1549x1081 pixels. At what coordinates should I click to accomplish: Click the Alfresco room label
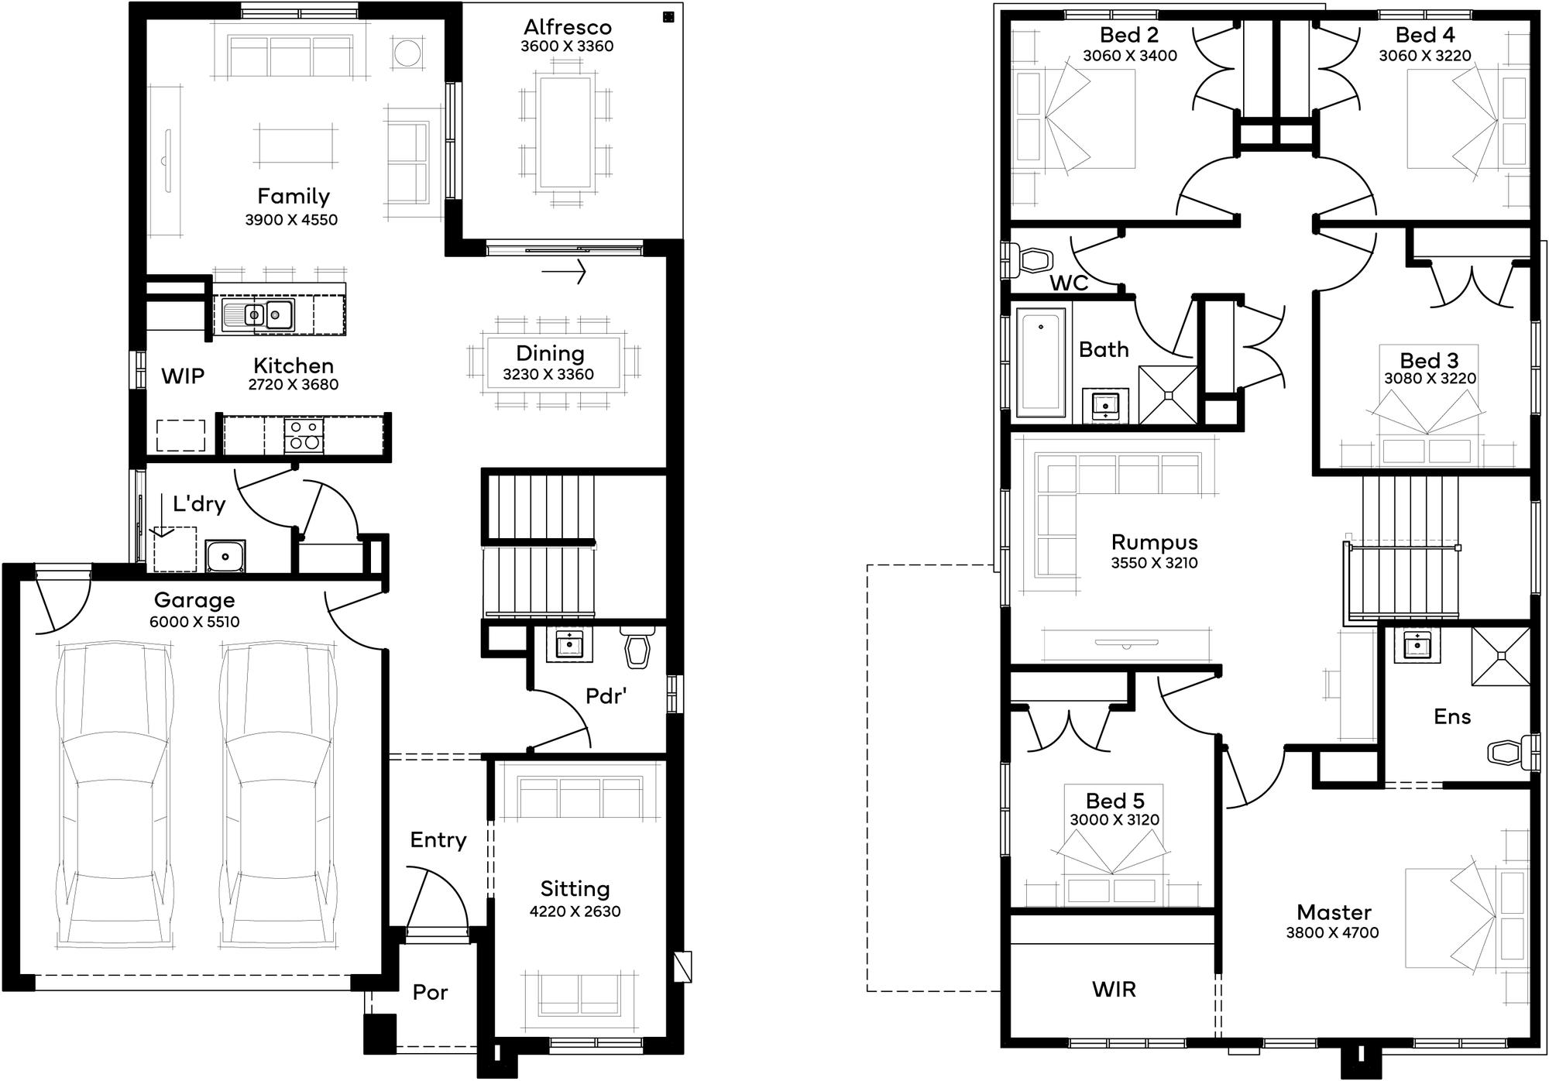click(x=567, y=27)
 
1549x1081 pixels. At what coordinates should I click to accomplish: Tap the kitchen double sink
click(x=259, y=314)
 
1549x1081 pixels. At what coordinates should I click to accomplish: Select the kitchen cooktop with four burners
click(x=304, y=435)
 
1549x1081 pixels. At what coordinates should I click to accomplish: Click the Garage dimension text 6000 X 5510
click(x=194, y=622)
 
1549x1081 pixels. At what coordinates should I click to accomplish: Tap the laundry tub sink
click(x=225, y=556)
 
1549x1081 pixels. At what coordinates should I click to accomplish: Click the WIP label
click(x=183, y=376)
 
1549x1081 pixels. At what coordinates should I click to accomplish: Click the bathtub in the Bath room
click(x=1040, y=362)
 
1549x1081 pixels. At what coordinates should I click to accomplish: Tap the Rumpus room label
click(x=1154, y=542)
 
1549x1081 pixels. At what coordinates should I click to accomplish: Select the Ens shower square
click(x=1500, y=656)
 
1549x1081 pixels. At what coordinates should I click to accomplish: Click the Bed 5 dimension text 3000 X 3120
click(x=1115, y=820)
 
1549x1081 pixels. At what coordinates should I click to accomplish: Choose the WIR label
click(x=1114, y=989)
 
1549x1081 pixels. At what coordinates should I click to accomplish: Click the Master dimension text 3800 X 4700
click(x=1332, y=933)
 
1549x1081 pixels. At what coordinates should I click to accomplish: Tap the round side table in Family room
click(x=407, y=53)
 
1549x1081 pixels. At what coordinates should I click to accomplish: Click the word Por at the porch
click(x=430, y=992)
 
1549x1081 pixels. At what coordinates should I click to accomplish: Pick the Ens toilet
click(x=1508, y=752)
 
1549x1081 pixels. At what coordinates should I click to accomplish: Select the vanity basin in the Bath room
click(x=1105, y=404)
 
